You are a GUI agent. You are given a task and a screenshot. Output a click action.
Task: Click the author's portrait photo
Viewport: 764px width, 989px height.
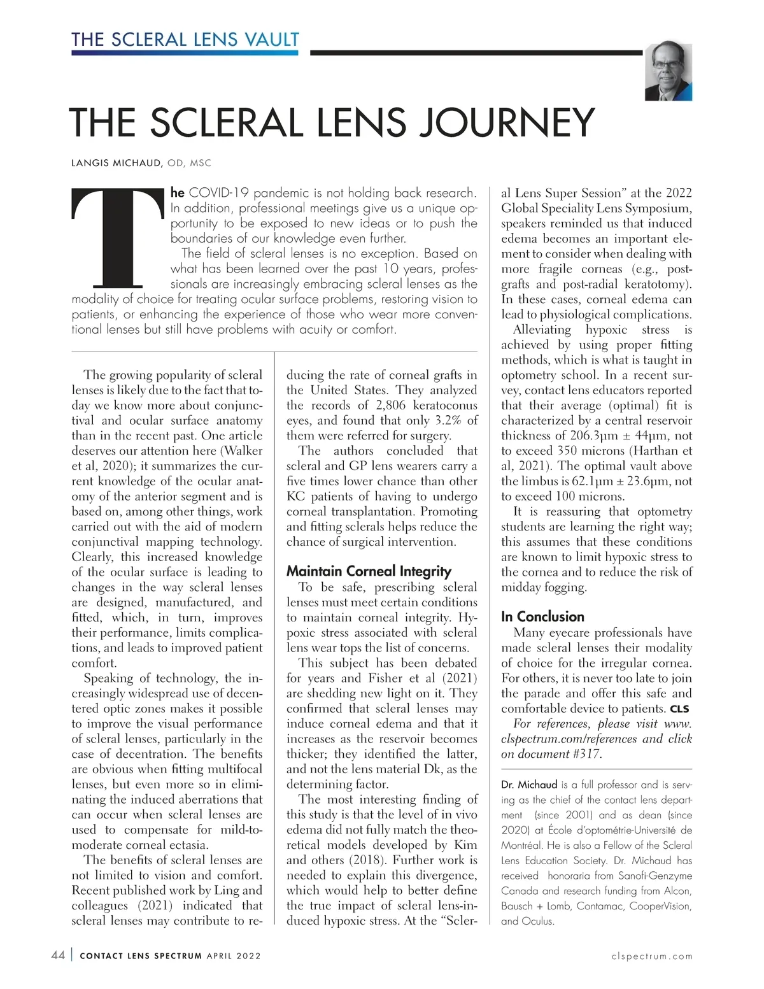point(668,72)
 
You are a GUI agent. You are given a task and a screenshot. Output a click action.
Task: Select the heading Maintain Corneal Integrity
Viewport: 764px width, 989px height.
point(369,571)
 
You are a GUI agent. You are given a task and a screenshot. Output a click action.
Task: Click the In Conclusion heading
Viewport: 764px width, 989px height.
point(542,616)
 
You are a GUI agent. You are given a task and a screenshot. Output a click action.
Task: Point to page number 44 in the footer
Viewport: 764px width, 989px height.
point(57,956)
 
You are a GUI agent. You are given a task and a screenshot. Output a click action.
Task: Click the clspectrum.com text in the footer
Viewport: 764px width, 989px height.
point(651,956)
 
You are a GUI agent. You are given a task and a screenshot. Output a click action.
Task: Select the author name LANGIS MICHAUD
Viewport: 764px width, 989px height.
point(117,164)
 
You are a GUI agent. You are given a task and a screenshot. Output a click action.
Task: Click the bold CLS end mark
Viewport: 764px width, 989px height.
point(679,709)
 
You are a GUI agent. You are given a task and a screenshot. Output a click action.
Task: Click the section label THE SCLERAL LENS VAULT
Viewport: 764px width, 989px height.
point(185,39)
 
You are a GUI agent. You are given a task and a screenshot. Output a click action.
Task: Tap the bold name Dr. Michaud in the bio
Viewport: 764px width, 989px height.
point(529,785)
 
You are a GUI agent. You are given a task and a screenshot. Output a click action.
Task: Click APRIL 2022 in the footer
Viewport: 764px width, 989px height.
point(234,956)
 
